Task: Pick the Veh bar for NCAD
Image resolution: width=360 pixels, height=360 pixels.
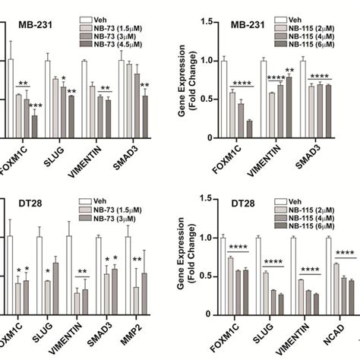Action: tap(329, 286)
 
